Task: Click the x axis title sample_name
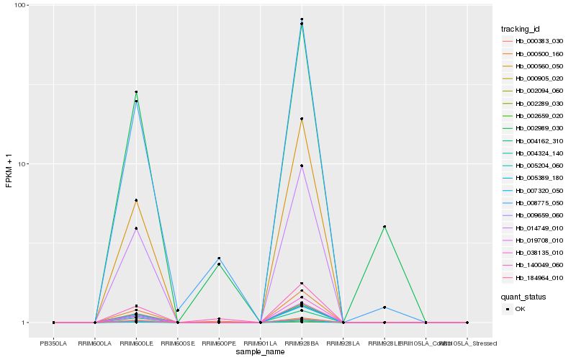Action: point(260,350)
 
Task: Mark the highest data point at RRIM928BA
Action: point(302,19)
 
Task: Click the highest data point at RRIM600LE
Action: point(136,92)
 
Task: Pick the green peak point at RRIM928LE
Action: point(384,227)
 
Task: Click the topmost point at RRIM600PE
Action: point(219,258)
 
